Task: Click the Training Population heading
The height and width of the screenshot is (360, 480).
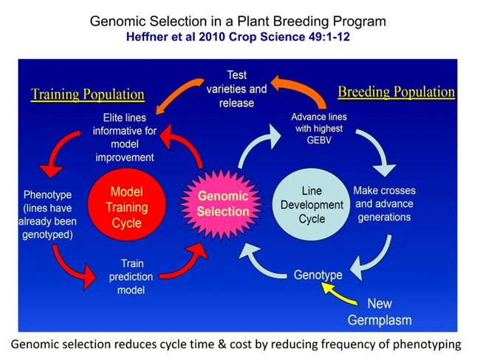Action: pos(88,95)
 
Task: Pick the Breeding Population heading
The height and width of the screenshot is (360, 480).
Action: pos(396,92)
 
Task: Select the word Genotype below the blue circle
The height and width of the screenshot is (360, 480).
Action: pos(318,275)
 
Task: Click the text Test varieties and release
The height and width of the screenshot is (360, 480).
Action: pos(241,89)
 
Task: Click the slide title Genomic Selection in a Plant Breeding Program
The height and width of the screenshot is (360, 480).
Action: pos(238,21)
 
